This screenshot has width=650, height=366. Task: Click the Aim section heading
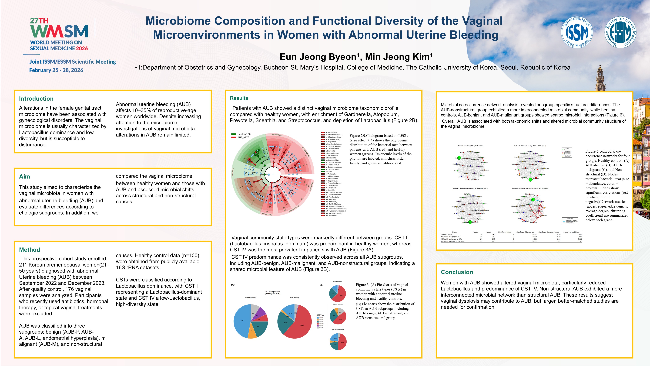(24, 177)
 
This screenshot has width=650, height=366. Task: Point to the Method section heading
(30, 250)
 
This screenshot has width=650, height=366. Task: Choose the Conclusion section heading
(457, 272)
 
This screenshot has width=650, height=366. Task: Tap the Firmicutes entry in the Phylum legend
(567, 150)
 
